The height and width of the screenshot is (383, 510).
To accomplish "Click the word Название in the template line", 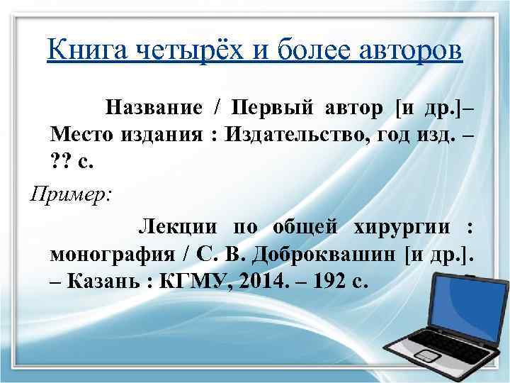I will click(x=153, y=108).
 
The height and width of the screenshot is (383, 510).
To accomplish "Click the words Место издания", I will click(x=127, y=135).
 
